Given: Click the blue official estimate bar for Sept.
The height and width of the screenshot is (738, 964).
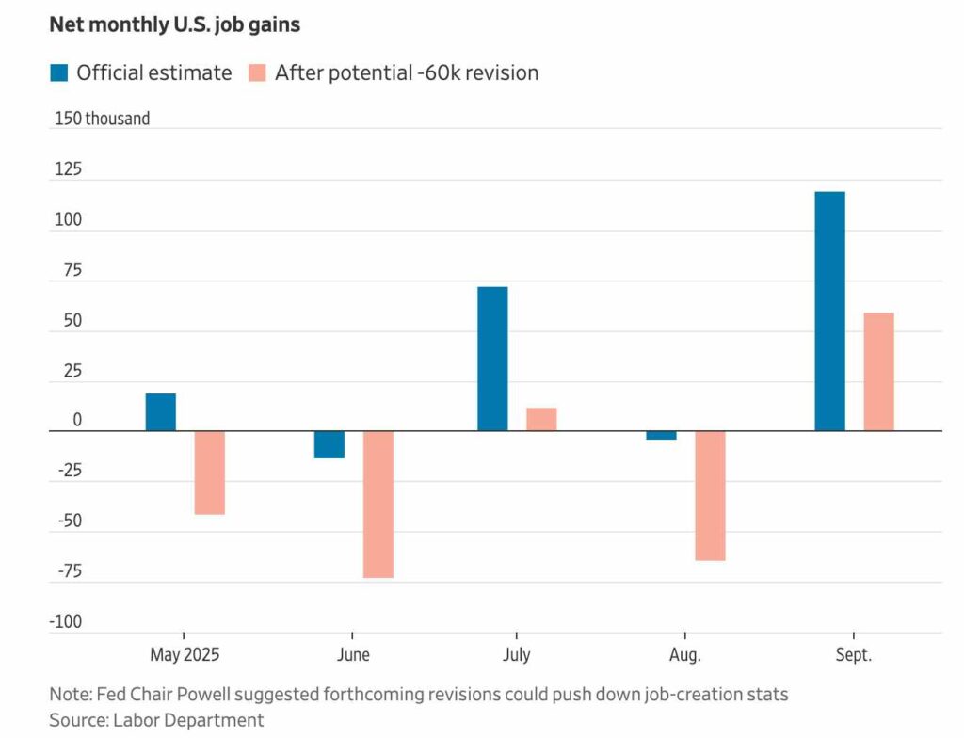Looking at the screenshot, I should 829,311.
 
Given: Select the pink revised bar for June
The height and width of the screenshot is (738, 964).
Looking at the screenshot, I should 378,505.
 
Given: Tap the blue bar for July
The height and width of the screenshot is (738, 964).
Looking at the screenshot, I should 492,359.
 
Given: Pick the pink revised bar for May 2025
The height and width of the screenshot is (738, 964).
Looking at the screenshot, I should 209,473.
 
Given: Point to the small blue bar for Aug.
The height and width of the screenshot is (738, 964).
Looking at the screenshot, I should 661,435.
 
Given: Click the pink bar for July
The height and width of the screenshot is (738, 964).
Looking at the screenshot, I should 541,419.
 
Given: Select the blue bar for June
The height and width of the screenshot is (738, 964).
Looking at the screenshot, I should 329,444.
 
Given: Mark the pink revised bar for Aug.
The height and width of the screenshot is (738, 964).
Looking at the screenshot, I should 710,495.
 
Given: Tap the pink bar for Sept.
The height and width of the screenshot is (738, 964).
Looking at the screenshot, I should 878,372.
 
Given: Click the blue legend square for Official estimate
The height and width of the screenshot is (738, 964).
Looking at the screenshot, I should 58,72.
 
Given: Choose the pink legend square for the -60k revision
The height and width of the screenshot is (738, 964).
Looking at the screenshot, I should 256,72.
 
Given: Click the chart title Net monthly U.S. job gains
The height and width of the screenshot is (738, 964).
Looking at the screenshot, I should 174,25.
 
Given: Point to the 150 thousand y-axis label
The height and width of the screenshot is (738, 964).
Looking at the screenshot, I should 102,120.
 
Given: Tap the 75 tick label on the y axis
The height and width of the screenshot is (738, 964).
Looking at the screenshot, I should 72,271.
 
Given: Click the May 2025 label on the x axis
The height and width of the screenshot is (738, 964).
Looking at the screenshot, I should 185,654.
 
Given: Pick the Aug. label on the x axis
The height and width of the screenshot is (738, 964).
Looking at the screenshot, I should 684,654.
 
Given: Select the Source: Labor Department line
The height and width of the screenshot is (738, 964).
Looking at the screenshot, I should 156,720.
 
